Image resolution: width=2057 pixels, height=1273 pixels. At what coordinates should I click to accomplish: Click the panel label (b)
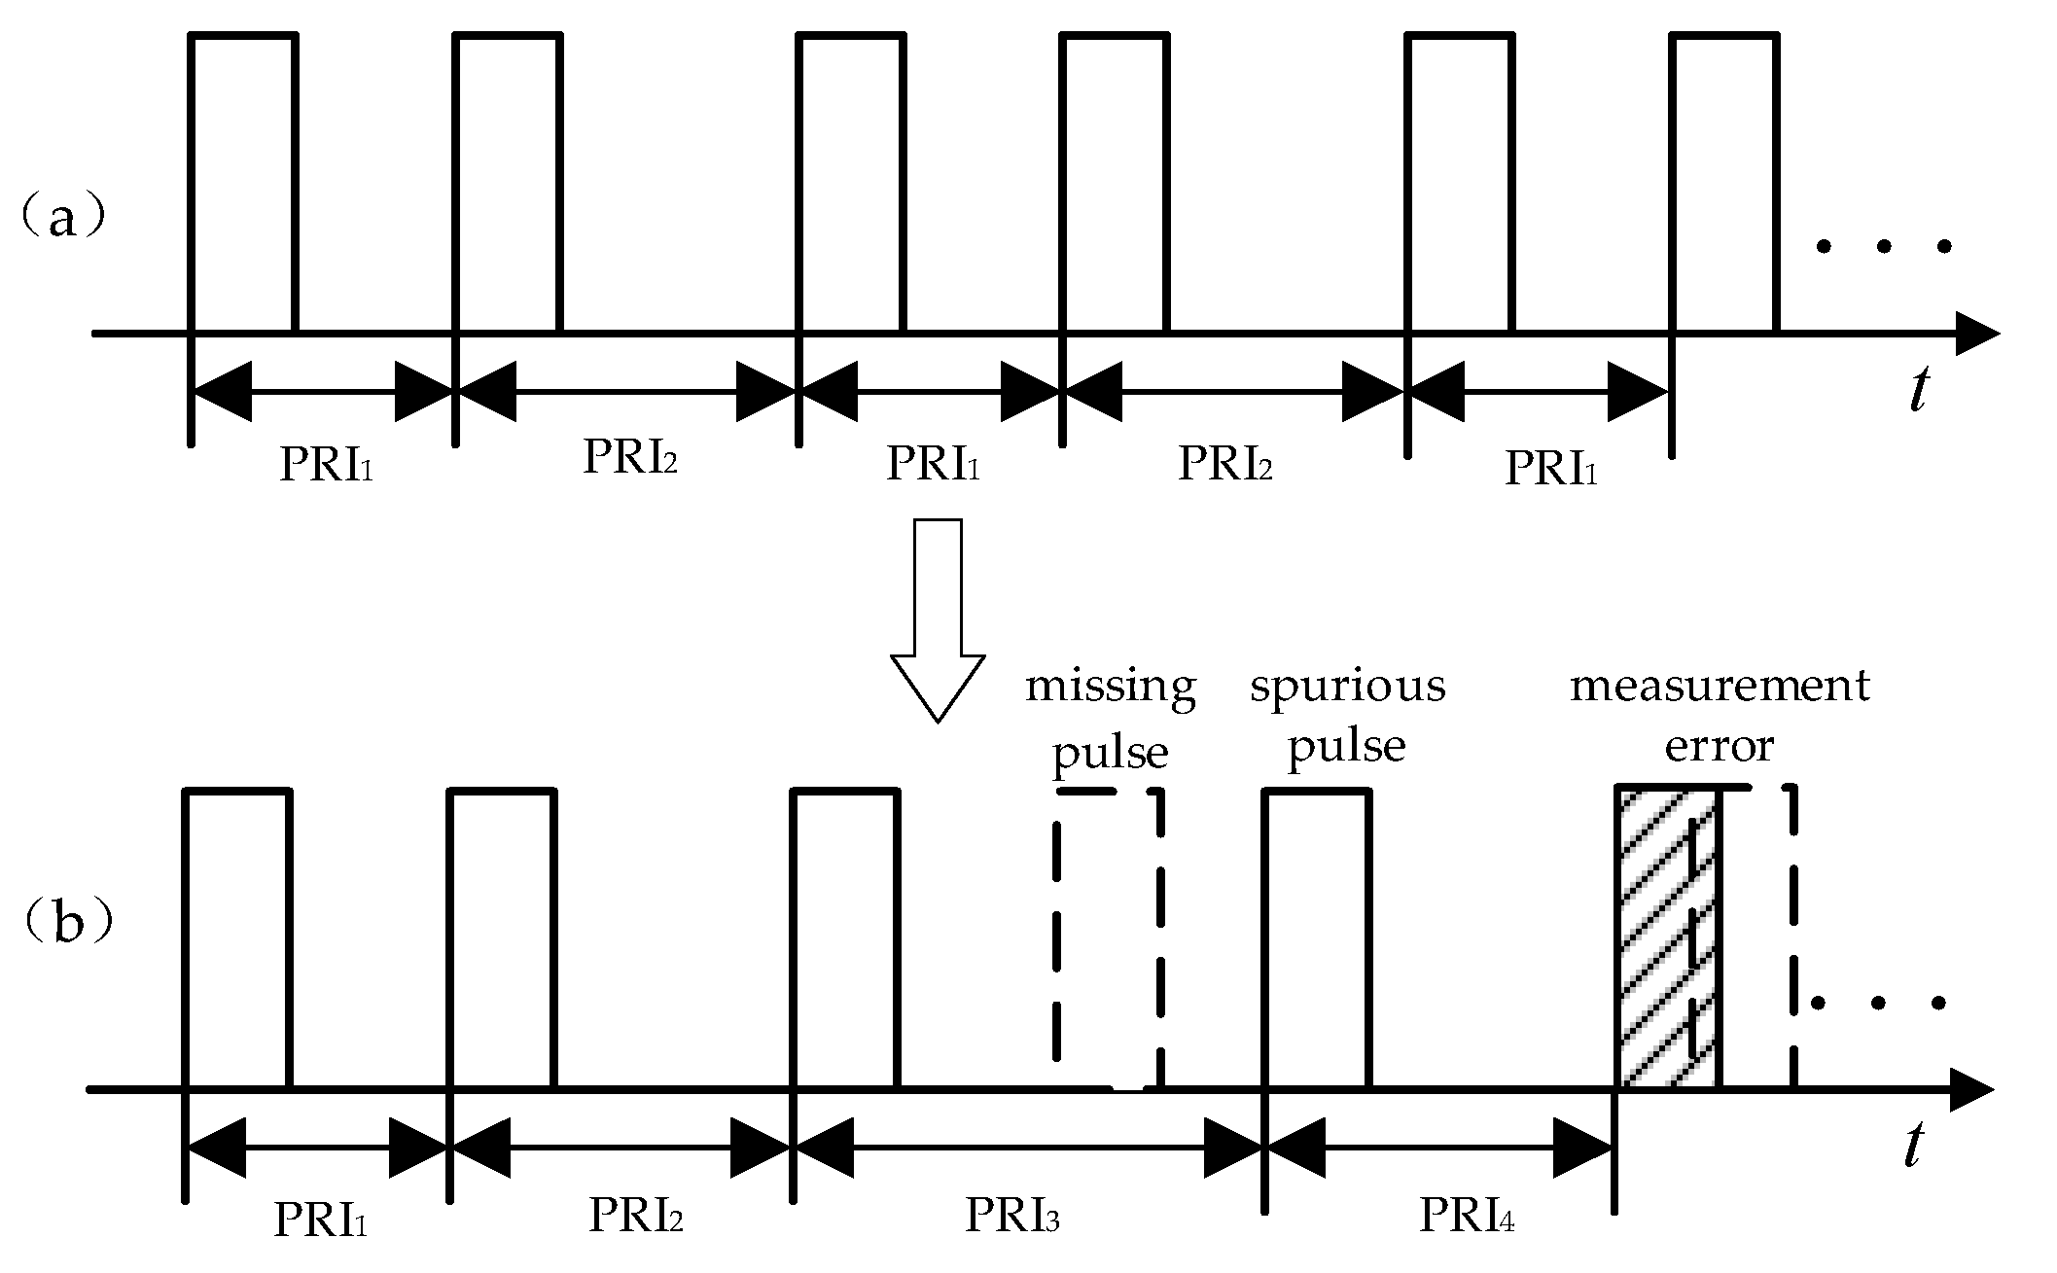click(66, 922)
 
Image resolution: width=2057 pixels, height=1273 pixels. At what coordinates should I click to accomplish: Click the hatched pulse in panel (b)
click(1668, 938)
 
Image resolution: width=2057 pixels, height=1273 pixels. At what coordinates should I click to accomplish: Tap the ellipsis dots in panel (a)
click(1884, 247)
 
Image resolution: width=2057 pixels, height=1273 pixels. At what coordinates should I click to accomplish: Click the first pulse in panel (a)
click(243, 185)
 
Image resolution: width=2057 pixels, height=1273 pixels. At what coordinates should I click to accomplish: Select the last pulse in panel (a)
click(1724, 185)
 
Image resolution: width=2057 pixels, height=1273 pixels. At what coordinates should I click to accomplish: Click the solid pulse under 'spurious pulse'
click(1317, 938)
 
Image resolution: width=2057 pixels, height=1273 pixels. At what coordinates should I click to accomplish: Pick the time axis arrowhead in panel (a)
click(1974, 334)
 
